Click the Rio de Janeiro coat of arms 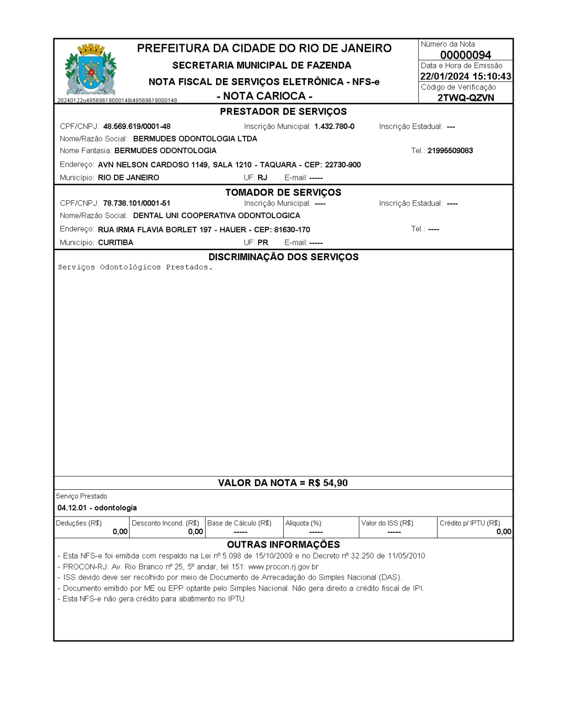coord(91,70)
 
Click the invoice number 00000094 coord(465,55)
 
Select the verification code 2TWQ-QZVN coord(465,98)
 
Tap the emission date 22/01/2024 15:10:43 coord(465,77)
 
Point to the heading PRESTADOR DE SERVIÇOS coord(283,112)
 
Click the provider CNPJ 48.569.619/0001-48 coord(137,126)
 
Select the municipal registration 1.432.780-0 coord(334,126)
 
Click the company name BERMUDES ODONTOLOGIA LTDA coord(195,139)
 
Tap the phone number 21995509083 coord(450,151)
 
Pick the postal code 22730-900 coord(343,165)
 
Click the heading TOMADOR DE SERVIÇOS coord(283,192)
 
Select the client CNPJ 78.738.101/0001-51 coord(137,203)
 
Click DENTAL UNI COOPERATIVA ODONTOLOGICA coord(217,216)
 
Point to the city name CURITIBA coord(115,243)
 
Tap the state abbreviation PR coord(263,243)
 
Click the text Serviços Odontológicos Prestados coord(135,267)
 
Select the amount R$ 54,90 coord(328,483)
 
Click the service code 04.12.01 coord(73,508)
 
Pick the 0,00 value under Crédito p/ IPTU coord(504,532)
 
